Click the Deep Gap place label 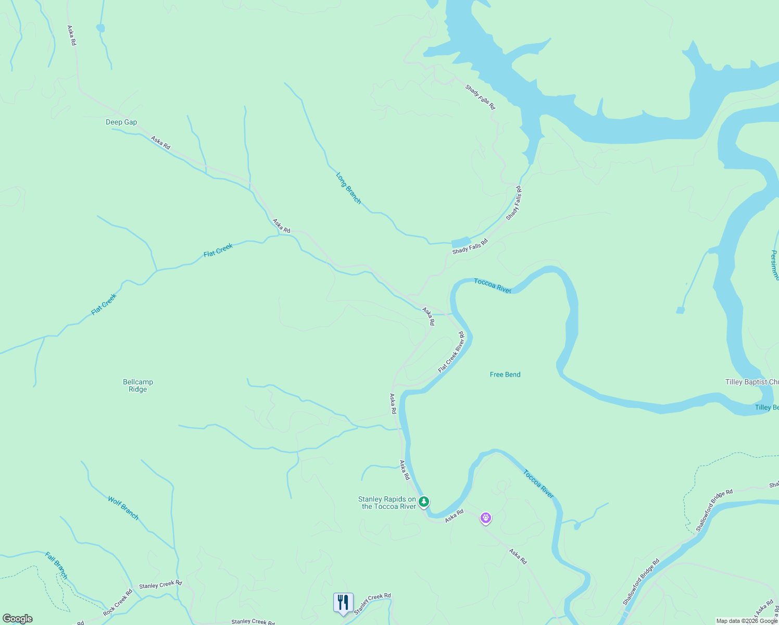(121, 122)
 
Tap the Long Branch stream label (348, 188)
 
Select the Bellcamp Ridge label (138, 385)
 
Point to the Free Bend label (505, 374)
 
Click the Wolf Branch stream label (123, 508)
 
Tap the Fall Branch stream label (56, 566)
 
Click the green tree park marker (424, 502)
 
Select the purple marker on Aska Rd (486, 518)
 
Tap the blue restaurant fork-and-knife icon (343, 603)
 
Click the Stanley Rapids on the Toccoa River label (387, 503)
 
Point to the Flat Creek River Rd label (451, 352)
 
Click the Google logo (18, 619)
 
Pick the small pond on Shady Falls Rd (460, 242)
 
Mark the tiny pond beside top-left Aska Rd (100, 28)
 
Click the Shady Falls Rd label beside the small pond (470, 247)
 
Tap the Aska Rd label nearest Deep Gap (160, 143)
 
